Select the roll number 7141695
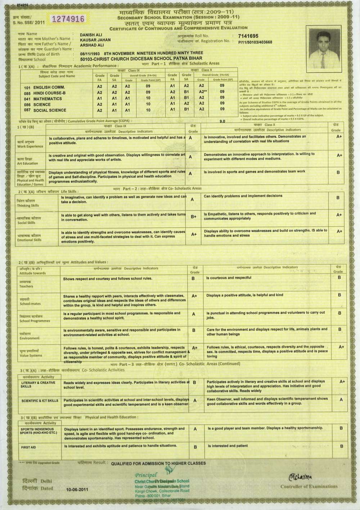click(246, 36)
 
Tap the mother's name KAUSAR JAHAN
click(95, 40)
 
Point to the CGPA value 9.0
click(222, 121)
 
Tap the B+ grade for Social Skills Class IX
click(193, 217)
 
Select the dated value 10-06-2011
click(77, 489)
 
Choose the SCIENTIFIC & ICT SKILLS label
click(40, 400)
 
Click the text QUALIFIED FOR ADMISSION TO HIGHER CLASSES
click(158, 463)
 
